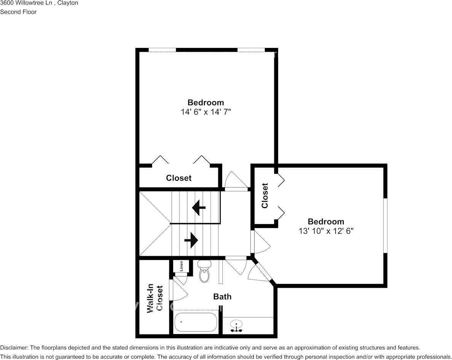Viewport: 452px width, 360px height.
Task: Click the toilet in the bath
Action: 204,272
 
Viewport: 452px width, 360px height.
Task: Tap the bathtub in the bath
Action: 196,322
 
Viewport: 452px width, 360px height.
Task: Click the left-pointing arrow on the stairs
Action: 199,208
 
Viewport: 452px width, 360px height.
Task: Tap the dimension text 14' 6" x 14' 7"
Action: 206,112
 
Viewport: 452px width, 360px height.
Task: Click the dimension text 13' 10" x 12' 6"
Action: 326,231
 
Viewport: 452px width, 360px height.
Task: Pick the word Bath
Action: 222,296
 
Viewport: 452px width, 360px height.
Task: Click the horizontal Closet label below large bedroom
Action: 179,178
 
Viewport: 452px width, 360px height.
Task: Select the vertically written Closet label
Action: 265,196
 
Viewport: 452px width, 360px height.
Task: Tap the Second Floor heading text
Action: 18,12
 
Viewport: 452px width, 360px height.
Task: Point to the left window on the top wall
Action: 162,50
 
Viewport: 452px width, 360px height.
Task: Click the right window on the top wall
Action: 251,50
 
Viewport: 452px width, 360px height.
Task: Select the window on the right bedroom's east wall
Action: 385,225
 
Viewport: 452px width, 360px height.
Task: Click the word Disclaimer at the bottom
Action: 14,347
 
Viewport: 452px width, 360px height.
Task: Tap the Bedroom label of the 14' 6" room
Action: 206,102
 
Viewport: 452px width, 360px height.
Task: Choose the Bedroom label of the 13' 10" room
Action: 326,221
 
